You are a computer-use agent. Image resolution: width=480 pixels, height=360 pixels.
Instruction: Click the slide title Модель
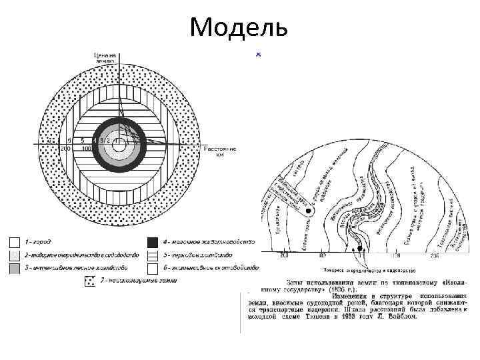[x=239, y=27]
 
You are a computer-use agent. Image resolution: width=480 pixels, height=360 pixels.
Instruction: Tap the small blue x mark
[x=258, y=53]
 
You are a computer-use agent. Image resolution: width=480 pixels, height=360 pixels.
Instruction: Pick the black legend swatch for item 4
[x=152, y=241]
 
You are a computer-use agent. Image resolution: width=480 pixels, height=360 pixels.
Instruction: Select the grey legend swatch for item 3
[x=14, y=267]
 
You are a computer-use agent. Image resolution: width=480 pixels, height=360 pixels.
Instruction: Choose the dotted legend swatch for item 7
[x=88, y=281]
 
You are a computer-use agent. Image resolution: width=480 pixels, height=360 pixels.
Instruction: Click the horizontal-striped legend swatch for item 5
[x=152, y=254]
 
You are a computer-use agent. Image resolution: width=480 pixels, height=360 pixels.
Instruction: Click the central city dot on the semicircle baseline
[x=361, y=251]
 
